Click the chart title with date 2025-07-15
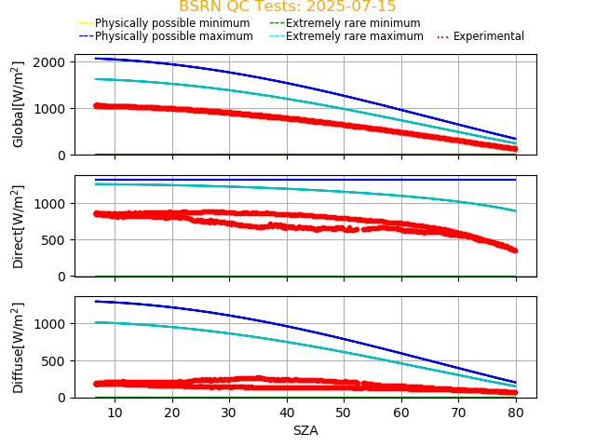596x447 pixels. pyautogui.click(x=287, y=7)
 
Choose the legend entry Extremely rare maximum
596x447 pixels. pyautogui.click(x=353, y=36)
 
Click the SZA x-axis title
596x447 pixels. pyautogui.click(x=305, y=431)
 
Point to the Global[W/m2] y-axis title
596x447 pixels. pyautogui.click(x=19, y=104)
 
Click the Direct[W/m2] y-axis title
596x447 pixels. pyautogui.click(x=19, y=226)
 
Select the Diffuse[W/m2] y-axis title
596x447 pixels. pyautogui.click(x=19, y=347)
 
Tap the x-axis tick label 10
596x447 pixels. pyautogui.click(x=115, y=412)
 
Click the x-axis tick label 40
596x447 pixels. pyautogui.click(x=287, y=412)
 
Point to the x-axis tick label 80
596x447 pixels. pyautogui.click(x=516, y=412)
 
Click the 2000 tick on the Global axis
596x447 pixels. pyautogui.click(x=49, y=61)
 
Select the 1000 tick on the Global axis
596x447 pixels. pyautogui.click(x=49, y=108)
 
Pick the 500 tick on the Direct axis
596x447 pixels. pyautogui.click(x=56, y=239)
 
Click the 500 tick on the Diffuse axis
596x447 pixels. pyautogui.click(x=56, y=360)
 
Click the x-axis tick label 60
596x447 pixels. pyautogui.click(x=401, y=412)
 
